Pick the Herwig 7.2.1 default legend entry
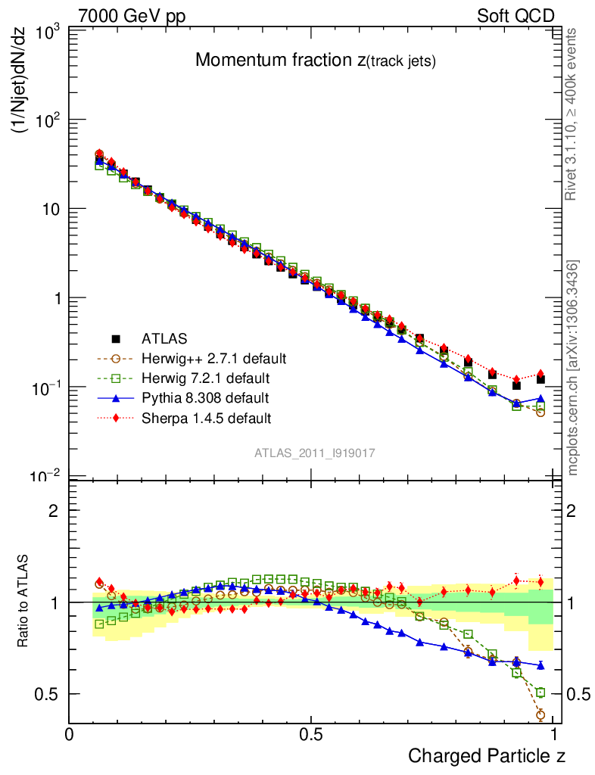207,378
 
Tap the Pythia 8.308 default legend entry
205,397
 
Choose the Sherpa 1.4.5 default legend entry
206,418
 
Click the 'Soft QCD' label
516,16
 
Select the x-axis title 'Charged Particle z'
487,755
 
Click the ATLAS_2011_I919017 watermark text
315,453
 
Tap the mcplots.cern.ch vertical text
574,368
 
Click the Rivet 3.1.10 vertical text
573,114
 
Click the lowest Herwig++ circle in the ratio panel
541,714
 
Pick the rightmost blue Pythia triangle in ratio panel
541,665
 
